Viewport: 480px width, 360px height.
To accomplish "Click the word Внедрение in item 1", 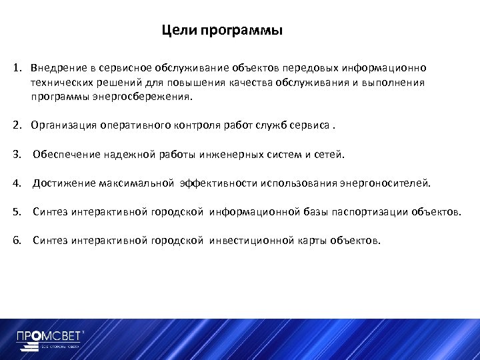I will point(57,68).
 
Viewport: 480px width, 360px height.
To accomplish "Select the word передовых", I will point(311,68).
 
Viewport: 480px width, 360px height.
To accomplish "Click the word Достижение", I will point(63,183).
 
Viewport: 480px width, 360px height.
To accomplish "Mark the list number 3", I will point(16,155).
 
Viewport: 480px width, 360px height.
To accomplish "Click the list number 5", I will point(16,213).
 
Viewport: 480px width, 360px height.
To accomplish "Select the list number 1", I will point(16,68).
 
